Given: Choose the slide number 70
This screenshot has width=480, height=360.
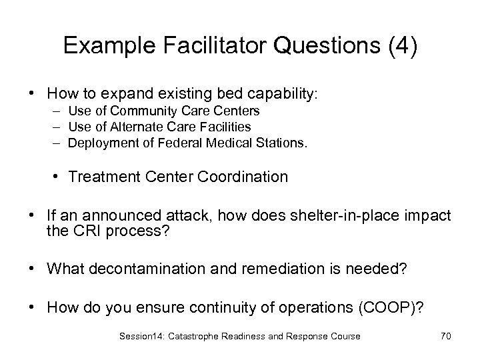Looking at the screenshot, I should [445, 336].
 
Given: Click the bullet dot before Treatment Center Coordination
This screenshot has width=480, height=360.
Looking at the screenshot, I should [59, 177].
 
